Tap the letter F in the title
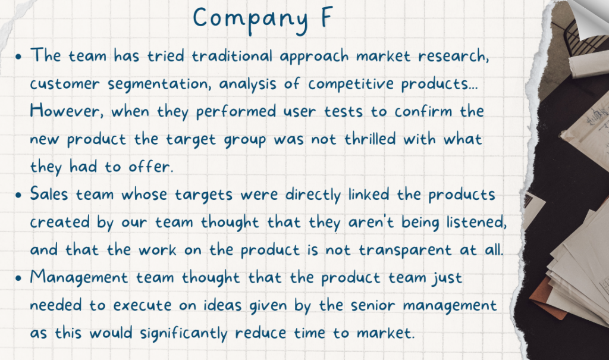click(x=327, y=17)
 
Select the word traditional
click(x=233, y=55)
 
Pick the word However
click(x=67, y=111)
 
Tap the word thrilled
click(x=370, y=139)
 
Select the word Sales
click(x=49, y=194)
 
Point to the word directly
click(x=313, y=195)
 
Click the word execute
click(x=142, y=305)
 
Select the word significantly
click(x=184, y=334)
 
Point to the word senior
click(x=372, y=305)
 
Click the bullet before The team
click(x=18, y=57)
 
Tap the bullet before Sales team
click(x=18, y=195)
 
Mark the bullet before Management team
click(x=18, y=278)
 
